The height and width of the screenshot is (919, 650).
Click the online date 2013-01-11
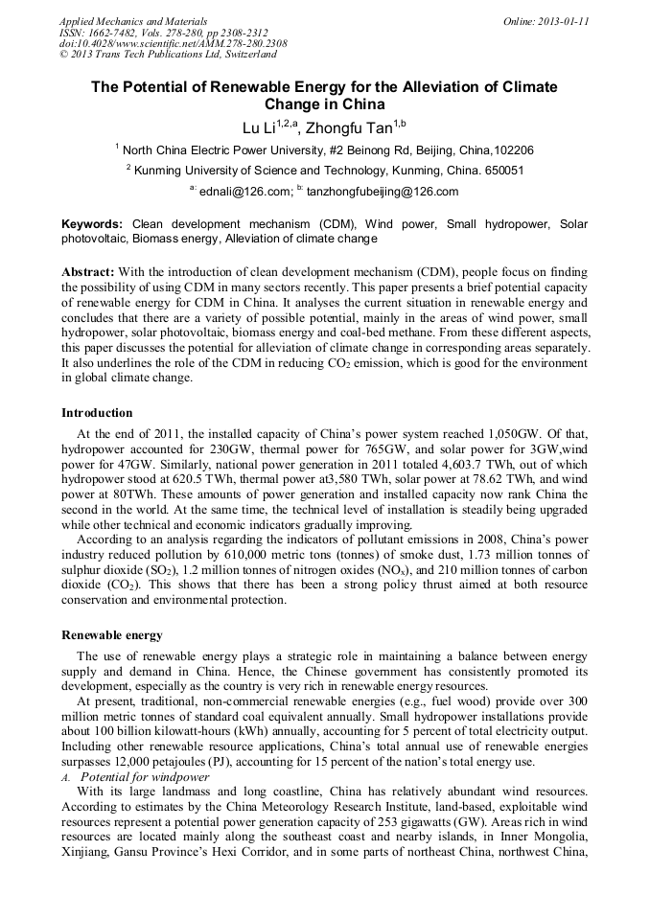(564, 20)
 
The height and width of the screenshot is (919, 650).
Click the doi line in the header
(173, 43)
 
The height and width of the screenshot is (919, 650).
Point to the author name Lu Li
(260, 126)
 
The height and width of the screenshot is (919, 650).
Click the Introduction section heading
(97, 413)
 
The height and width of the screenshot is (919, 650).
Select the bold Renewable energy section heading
(112, 634)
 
